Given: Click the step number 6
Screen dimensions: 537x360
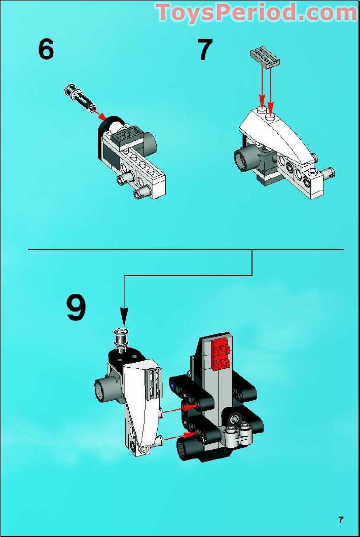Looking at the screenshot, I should pos(46,50).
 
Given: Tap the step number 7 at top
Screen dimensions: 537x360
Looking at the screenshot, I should pos(204,50).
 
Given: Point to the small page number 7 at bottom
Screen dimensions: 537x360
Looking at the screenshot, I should pos(341,519).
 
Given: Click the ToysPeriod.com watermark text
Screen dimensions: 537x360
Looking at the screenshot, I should pos(256,12).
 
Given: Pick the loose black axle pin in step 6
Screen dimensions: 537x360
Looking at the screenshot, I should pos(80,98).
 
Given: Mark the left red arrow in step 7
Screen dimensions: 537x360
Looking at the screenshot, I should pos(262,86).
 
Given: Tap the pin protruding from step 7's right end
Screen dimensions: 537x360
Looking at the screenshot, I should pos(328,173).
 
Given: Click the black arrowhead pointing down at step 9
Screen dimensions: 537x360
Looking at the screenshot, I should pos(123,318).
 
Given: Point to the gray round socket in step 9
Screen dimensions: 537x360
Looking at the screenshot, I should pos(103,390).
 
